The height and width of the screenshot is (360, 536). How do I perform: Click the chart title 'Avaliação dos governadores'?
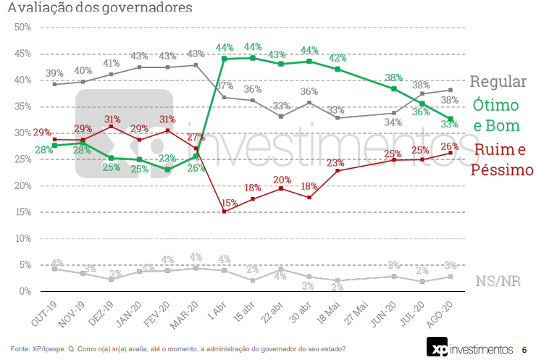pos(100,9)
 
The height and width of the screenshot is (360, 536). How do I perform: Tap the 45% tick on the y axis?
pos(22,54)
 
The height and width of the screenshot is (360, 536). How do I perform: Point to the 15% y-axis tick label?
pos(22,212)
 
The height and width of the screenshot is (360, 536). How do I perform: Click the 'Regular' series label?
pos(498,82)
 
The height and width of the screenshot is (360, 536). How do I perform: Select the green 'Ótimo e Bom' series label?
pos(496,115)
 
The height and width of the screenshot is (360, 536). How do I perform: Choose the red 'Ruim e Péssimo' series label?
pos(502,160)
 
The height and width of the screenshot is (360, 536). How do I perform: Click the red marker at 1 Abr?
pos(224,212)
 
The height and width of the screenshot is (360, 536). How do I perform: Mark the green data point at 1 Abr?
pos(224,59)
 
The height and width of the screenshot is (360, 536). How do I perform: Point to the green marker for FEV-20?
pos(167,169)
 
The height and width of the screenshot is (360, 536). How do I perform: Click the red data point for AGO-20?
pos(451,153)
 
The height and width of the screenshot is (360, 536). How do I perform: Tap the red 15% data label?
pos(228,202)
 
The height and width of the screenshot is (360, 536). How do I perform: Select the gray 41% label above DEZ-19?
pos(111,63)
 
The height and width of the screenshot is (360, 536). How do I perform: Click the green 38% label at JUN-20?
pos(394,78)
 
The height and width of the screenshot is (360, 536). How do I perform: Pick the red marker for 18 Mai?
pos(338,171)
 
